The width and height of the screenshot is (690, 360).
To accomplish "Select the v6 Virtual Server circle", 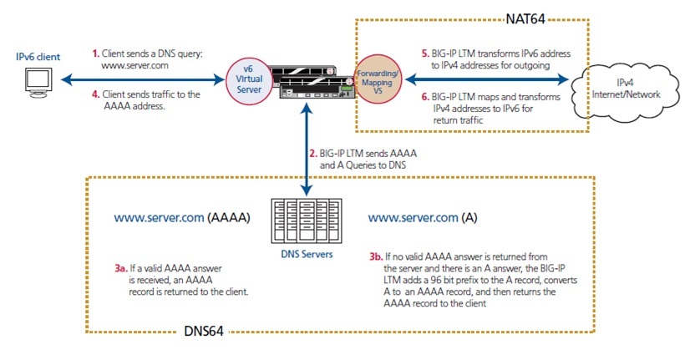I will (x=246, y=79).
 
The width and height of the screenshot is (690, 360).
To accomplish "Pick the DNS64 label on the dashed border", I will (x=204, y=332).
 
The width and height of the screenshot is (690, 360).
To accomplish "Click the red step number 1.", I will (x=95, y=53).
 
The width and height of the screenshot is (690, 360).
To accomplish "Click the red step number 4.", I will (x=95, y=94).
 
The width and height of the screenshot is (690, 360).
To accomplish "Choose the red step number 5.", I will (x=425, y=53).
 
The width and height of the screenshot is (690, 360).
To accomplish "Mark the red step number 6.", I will (x=425, y=98).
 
